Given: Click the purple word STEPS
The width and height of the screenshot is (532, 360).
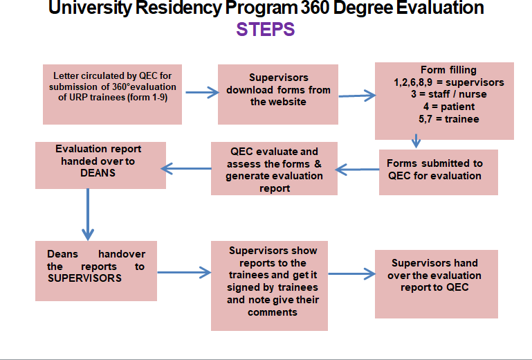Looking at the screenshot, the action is click(266, 29).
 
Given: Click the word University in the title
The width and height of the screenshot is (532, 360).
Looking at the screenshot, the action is click(90, 8).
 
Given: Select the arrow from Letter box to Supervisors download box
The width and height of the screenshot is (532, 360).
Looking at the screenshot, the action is click(202, 92).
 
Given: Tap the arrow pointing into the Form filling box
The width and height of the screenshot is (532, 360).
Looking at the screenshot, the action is click(357, 96).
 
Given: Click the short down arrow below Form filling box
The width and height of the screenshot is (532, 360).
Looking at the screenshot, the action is click(416, 141).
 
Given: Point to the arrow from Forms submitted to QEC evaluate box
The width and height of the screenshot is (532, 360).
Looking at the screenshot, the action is click(357, 170).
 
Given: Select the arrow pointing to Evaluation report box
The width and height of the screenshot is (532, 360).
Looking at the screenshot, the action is click(186, 168).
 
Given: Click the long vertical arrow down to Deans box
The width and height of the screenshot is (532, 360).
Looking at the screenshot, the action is click(88, 215).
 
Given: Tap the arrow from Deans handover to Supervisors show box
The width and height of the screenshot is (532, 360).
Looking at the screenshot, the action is click(184, 272).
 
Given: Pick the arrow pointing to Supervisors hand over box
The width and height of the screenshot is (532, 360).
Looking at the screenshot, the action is click(352, 273).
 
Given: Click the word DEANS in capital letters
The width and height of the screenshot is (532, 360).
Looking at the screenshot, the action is click(98, 173).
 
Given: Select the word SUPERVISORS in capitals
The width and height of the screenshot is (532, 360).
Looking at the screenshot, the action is click(84, 278).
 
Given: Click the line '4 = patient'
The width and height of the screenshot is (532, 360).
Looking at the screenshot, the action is click(448, 107).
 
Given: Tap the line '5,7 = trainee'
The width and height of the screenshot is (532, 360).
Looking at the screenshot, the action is click(448, 119).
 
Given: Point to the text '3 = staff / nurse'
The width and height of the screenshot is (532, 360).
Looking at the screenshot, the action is click(448, 94).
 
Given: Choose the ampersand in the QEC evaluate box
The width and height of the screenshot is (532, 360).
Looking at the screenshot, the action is click(318, 163).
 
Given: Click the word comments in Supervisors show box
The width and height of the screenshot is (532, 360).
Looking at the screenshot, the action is click(273, 312).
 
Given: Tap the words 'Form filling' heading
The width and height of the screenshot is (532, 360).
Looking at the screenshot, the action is click(448, 70).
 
